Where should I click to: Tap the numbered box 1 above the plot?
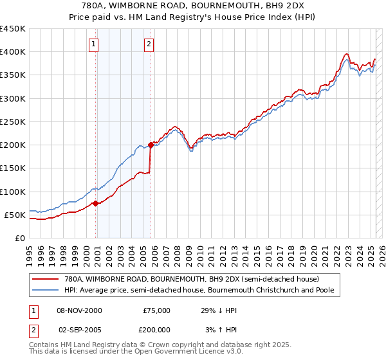point(94,44)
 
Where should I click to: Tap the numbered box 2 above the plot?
point(149,44)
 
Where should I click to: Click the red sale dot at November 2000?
point(95,203)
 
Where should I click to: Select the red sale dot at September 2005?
point(151,145)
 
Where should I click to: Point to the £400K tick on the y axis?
point(13,52)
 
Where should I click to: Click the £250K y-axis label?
point(13,122)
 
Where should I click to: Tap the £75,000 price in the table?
point(156,310)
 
